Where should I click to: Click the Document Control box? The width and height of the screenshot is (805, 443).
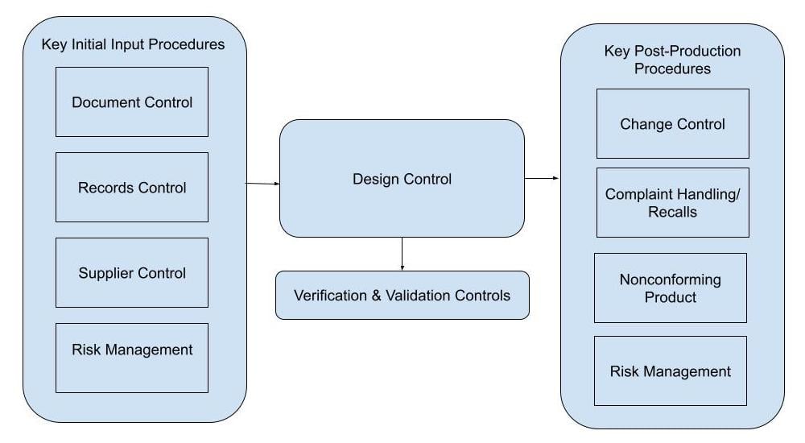coord(132,102)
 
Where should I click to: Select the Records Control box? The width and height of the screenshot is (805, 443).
coord(132,188)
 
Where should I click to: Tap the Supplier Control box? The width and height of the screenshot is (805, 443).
coord(132,273)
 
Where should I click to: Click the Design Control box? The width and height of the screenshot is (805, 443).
coord(402,179)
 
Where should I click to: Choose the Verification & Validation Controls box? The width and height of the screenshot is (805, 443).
coord(402,296)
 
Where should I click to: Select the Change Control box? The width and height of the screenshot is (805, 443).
coord(672,124)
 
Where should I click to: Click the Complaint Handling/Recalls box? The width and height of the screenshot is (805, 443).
coord(672,203)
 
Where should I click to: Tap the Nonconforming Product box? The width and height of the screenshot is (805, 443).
coord(671,288)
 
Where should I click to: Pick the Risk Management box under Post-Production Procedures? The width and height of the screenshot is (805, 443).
coord(671,371)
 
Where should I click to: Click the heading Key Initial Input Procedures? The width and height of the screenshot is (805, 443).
coord(133,45)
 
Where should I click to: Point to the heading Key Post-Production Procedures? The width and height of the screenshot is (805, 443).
coord(672,60)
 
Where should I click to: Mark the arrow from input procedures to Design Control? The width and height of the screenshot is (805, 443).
coord(262,184)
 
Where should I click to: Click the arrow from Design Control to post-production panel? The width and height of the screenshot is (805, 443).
coord(542,178)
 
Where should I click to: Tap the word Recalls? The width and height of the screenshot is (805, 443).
coord(672,212)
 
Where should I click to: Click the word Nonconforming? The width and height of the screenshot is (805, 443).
coord(671,280)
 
